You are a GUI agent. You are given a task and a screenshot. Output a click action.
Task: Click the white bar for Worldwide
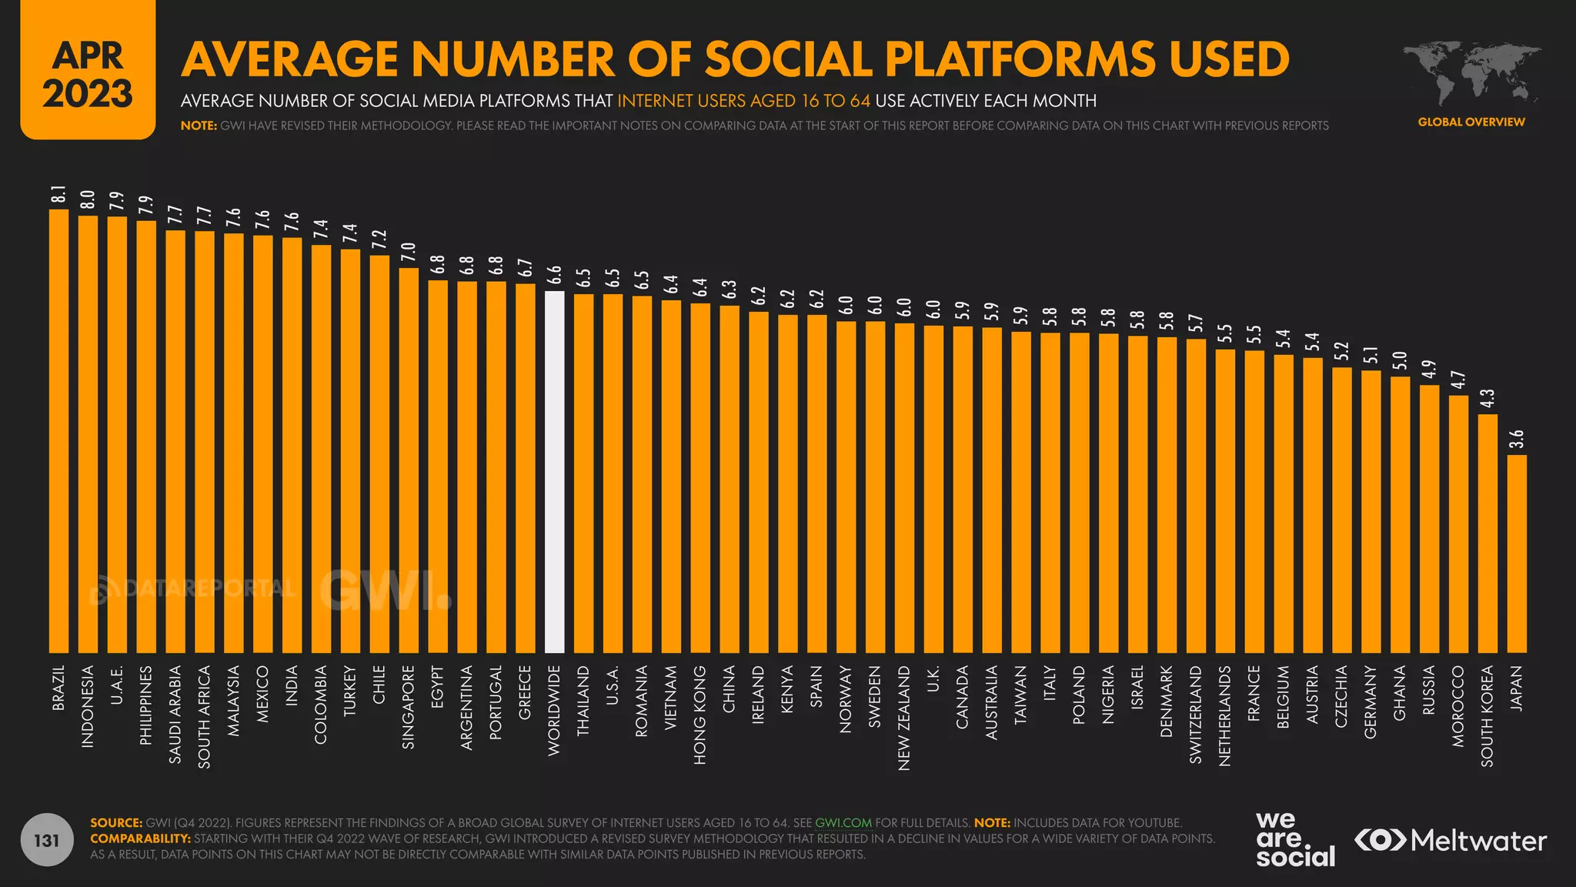[554, 471]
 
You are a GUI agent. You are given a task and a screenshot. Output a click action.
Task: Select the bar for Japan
[1517, 554]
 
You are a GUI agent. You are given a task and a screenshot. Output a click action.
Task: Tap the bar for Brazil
[58, 431]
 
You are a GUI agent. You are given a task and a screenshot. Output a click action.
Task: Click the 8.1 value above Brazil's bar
[58, 196]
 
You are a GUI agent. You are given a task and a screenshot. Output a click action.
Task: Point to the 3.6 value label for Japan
[1517, 440]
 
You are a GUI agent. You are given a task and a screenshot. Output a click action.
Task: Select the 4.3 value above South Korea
[1488, 399]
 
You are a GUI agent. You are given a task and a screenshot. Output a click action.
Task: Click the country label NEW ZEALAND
[904, 718]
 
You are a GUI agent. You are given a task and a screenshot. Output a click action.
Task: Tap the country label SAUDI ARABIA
[175, 715]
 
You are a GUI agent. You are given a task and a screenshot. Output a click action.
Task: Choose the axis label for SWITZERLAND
[1196, 715]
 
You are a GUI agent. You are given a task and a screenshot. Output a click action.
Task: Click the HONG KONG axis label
[700, 715]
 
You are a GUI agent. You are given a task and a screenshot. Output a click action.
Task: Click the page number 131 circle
[47, 840]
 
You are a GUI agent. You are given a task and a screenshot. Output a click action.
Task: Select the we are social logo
[1295, 839]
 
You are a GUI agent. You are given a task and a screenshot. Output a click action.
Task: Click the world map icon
[1471, 74]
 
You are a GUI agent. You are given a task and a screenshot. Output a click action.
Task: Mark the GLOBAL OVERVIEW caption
[1471, 122]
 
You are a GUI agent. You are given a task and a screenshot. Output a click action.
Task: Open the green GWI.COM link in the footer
[843, 822]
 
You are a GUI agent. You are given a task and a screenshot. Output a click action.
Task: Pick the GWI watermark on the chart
[385, 591]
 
